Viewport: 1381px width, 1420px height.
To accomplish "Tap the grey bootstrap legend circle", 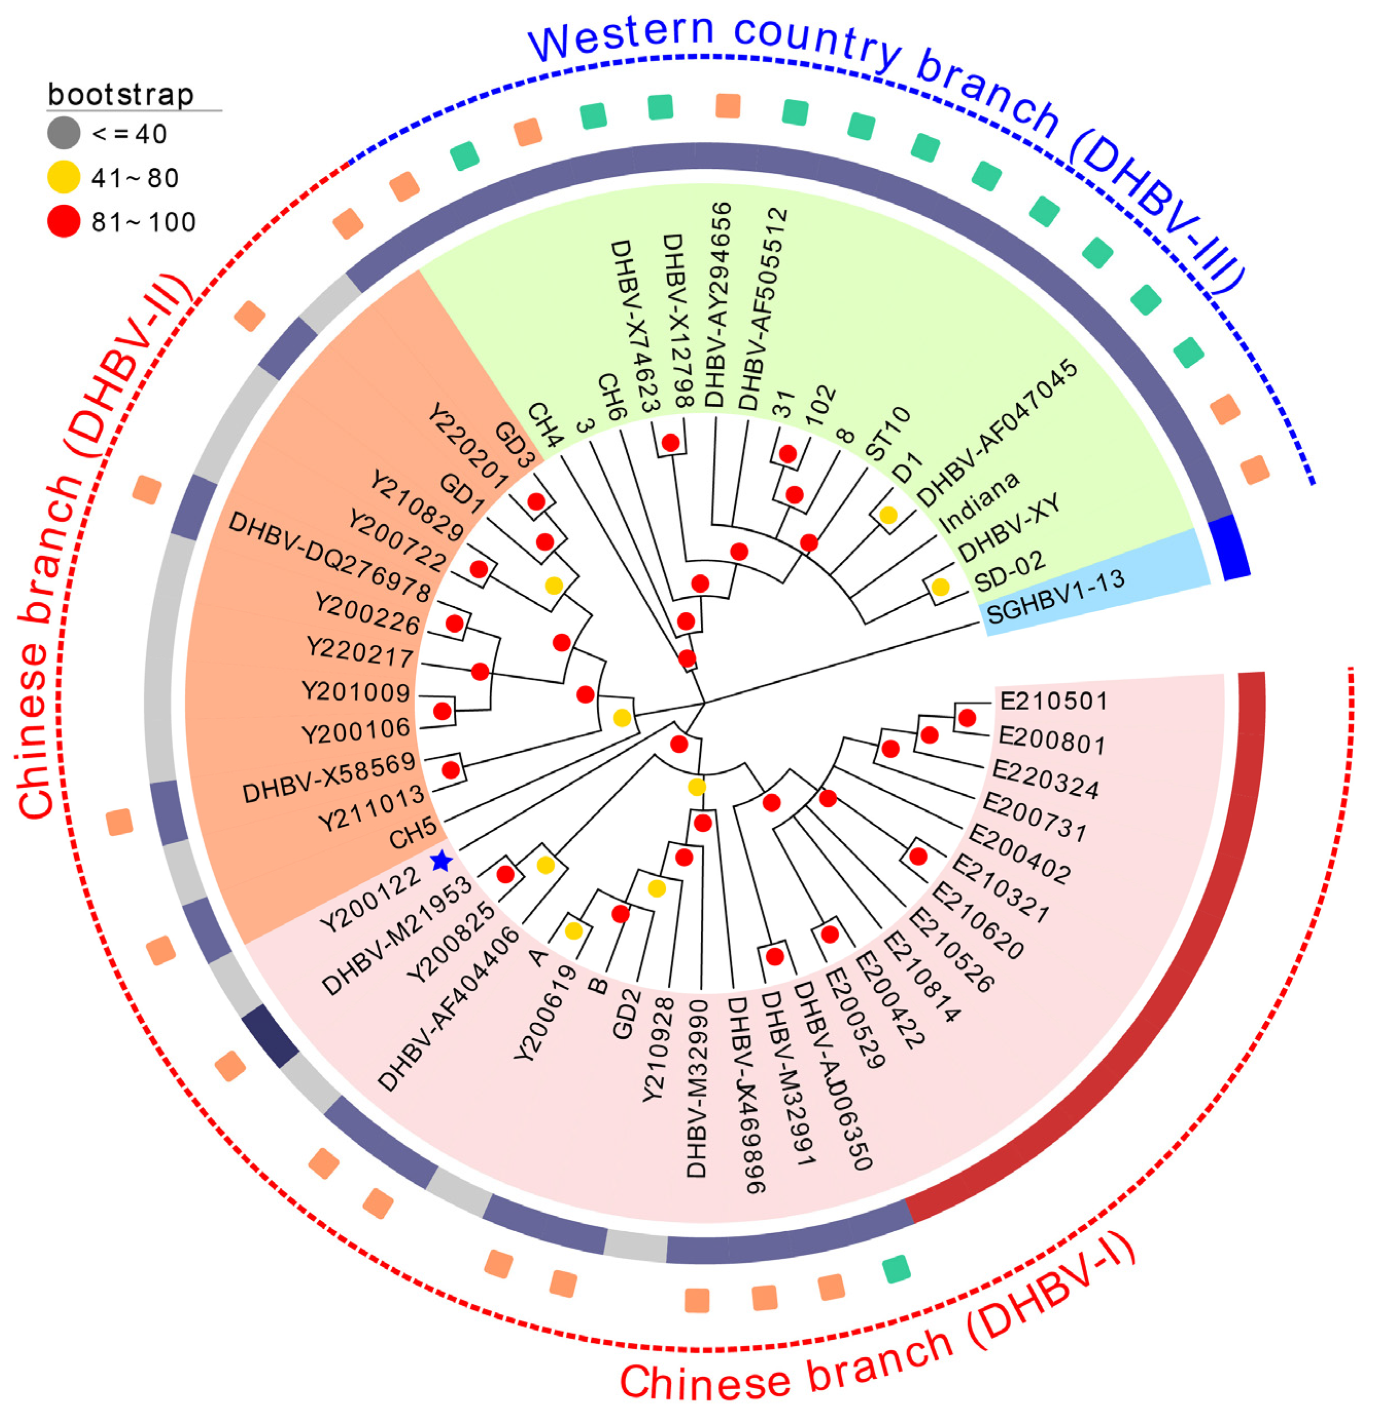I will (x=64, y=133).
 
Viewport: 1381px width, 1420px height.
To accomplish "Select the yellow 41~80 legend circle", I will (x=64, y=177).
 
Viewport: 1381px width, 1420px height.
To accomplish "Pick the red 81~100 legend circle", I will (x=64, y=221).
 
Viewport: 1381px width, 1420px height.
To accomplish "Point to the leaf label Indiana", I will (x=979, y=501).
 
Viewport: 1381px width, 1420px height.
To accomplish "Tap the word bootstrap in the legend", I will (x=120, y=94).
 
